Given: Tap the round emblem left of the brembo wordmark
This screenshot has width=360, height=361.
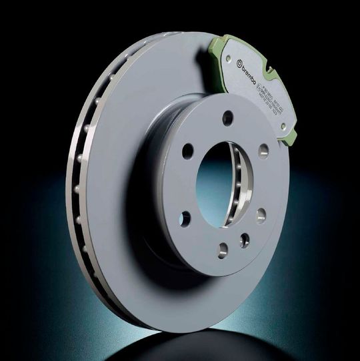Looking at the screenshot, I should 240,61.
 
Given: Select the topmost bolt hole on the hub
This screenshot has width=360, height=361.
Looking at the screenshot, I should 228,118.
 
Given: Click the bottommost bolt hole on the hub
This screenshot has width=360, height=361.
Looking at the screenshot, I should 223,250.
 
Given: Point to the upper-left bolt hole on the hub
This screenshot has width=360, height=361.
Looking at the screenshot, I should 188,150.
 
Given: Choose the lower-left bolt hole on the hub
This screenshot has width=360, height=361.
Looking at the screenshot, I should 185,218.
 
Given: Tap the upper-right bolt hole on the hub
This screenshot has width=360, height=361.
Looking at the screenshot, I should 263,150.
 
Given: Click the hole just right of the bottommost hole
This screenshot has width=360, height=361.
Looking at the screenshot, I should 245,240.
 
